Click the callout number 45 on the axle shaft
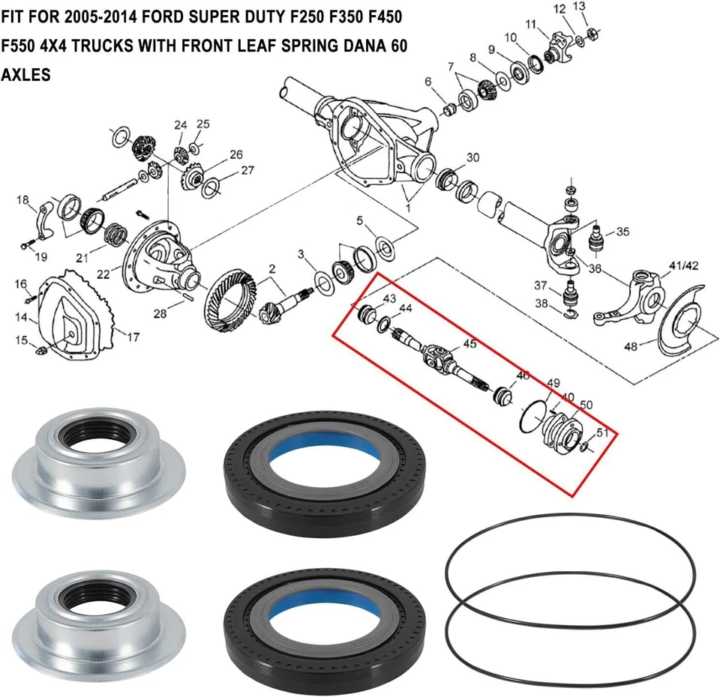tap(469, 344)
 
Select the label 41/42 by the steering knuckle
tap(684, 265)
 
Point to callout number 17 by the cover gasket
tap(132, 337)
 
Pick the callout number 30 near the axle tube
tap(472, 158)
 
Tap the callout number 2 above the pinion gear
tap(272, 268)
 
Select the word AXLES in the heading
tap(25, 76)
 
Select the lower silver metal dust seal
tap(97, 615)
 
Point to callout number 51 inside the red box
tap(601, 433)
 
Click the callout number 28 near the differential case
tap(159, 313)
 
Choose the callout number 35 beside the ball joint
tap(622, 232)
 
